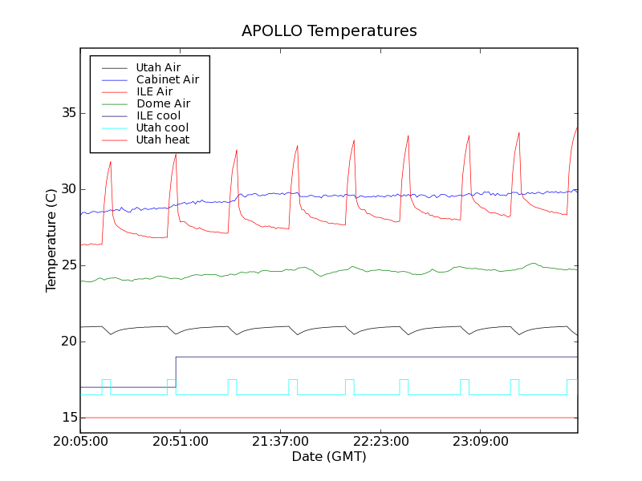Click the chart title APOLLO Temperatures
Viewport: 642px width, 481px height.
click(329, 31)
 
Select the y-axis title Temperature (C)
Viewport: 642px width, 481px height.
click(51, 240)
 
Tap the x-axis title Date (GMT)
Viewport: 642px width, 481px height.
click(329, 457)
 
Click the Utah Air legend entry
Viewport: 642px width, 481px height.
click(158, 67)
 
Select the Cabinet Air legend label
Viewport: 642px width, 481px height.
click(167, 79)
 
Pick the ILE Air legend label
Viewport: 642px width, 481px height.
click(154, 91)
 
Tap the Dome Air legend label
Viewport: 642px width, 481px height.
click(163, 103)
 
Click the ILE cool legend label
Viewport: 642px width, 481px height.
click(158, 115)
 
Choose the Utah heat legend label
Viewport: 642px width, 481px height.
click(162, 139)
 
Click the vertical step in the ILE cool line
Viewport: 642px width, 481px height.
click(176, 372)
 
